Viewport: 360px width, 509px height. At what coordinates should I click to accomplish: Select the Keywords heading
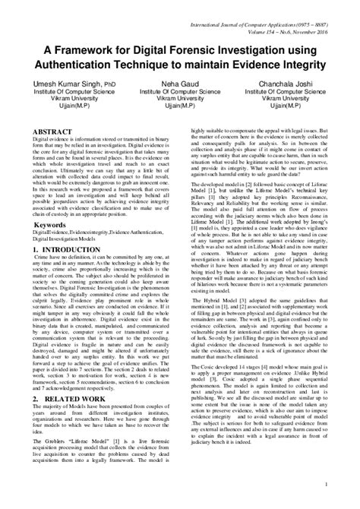[54, 225]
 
